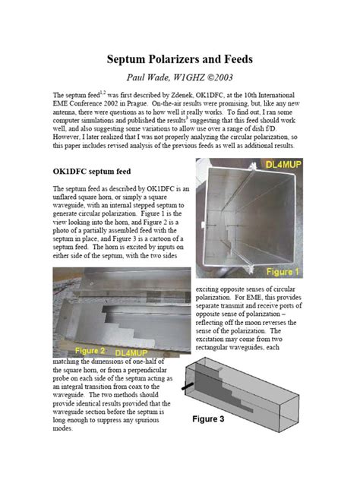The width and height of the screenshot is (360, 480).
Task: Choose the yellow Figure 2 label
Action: point(78,352)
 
